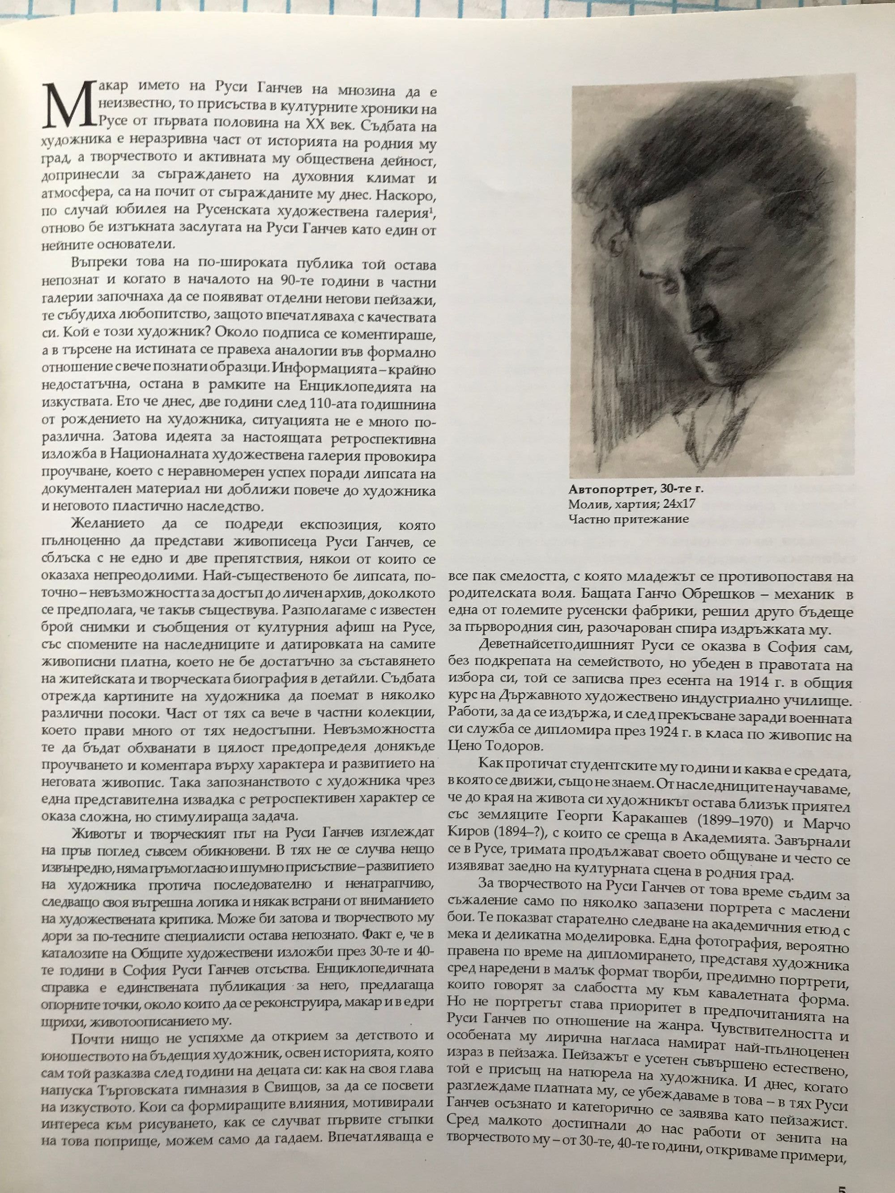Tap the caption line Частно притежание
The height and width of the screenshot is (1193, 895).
point(628,520)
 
